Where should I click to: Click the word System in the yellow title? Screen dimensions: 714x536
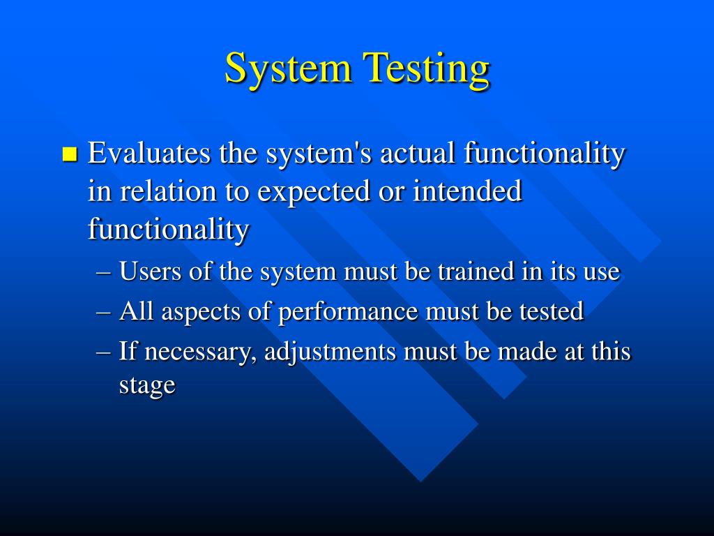(x=288, y=68)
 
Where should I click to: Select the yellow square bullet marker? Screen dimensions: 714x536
(x=70, y=154)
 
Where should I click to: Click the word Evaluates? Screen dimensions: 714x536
(x=149, y=153)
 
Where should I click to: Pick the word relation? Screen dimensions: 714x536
(x=168, y=191)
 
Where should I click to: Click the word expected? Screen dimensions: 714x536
(x=314, y=191)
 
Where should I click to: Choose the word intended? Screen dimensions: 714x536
(x=467, y=191)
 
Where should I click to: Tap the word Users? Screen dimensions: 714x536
(x=150, y=271)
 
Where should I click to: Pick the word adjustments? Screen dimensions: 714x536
(x=330, y=352)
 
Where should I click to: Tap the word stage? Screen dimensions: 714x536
(x=147, y=385)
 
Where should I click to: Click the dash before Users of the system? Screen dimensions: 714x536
(x=104, y=273)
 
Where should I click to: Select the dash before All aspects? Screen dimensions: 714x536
(x=104, y=313)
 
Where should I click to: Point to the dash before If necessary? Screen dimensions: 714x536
(x=104, y=353)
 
